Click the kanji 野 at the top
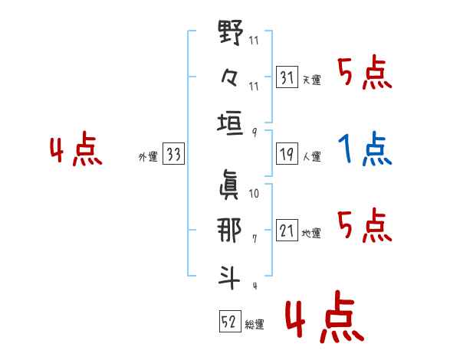coord(231,32)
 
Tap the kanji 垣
coord(230,123)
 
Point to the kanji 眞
coord(229,185)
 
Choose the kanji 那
coord(229,230)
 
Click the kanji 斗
coord(229,277)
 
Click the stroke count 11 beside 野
coord(254,40)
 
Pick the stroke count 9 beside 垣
coord(255,133)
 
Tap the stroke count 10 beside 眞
coord(254,194)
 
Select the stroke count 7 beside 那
coord(255,239)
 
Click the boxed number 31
coord(287,77)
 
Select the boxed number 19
coord(287,154)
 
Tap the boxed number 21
coord(287,230)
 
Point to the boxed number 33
coord(173,154)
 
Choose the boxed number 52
coord(230,321)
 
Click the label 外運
coord(148,157)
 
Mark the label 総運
coord(255,325)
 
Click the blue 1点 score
coord(365,149)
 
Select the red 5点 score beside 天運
coord(365,72)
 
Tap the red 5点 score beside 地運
coord(365,225)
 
